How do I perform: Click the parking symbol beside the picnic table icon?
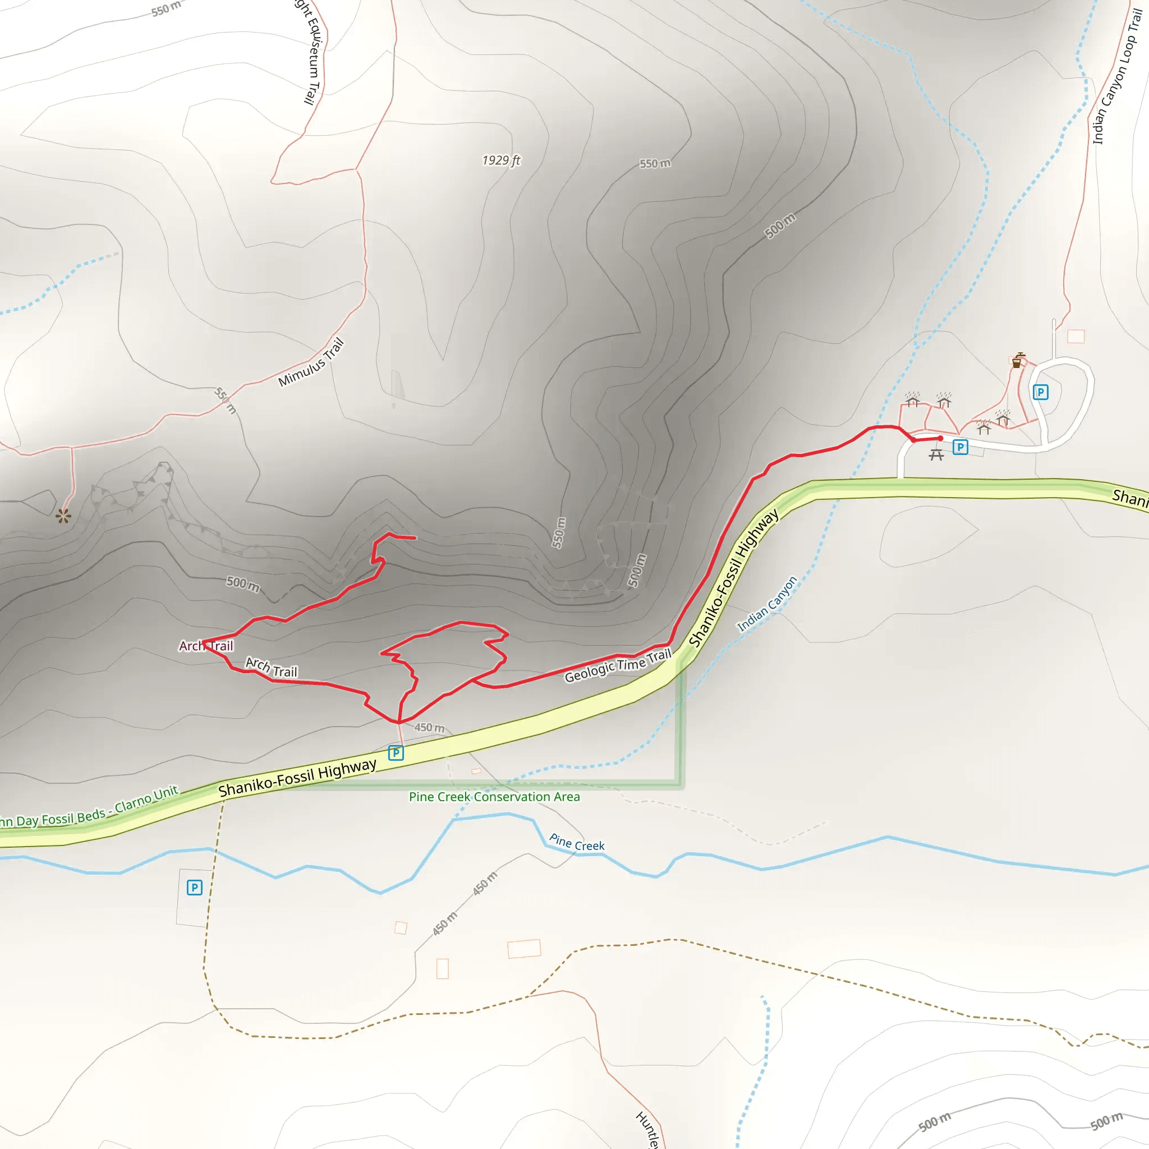click(960, 447)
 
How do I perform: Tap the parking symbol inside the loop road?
click(1040, 392)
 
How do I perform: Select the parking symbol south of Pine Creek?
click(195, 888)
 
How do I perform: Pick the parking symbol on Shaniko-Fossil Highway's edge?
click(396, 753)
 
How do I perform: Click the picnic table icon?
click(936, 455)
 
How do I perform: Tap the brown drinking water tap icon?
click(1018, 360)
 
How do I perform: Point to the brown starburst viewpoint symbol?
click(63, 516)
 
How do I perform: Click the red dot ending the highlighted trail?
click(940, 438)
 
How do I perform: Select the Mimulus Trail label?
click(311, 362)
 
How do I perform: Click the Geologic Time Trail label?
click(617, 666)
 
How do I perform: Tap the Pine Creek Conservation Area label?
click(494, 797)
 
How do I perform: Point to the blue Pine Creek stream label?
click(576, 842)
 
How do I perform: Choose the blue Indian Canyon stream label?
click(766, 604)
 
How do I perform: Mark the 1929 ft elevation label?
click(501, 160)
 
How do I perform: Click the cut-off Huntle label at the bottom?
click(647, 1130)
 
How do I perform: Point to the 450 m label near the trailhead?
click(429, 727)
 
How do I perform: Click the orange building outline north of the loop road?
click(1076, 337)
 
